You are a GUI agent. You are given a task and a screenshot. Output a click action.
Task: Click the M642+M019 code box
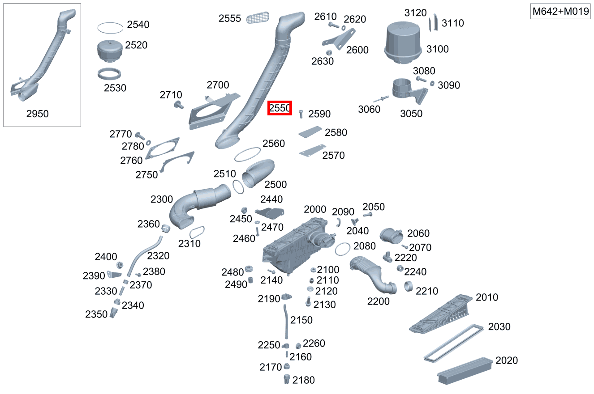[x=560, y=11]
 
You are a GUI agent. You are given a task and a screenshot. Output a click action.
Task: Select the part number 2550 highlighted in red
[x=280, y=108]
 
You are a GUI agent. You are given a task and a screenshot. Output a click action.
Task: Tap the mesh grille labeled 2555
[x=258, y=17]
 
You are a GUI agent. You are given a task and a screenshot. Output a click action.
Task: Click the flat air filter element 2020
[x=465, y=370]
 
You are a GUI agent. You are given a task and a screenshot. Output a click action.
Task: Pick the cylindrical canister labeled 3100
[x=403, y=43]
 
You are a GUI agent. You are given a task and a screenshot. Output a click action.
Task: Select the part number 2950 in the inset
[x=37, y=114]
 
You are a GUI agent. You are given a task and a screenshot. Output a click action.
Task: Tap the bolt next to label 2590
[x=301, y=114]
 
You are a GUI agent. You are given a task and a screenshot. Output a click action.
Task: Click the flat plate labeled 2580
[x=310, y=132]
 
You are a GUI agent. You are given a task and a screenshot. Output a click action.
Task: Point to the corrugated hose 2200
[x=373, y=275]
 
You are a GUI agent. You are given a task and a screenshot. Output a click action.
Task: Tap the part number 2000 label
[x=315, y=209]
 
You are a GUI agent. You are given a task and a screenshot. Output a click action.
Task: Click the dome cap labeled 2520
[x=110, y=51]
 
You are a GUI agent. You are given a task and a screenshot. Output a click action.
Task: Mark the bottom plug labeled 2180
[x=286, y=379]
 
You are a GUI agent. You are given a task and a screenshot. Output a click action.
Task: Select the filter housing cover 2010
[x=440, y=314]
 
